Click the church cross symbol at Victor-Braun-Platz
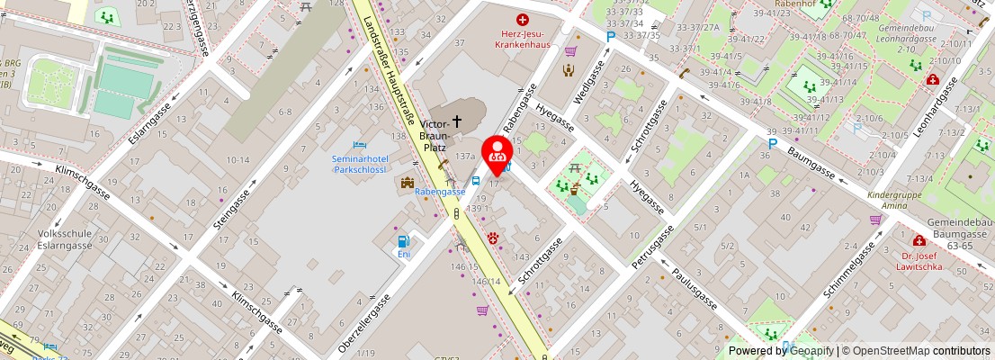[457, 120]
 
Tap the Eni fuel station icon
[404, 240]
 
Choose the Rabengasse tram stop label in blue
[440, 191]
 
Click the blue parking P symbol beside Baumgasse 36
[772, 144]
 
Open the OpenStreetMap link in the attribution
[892, 351]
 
